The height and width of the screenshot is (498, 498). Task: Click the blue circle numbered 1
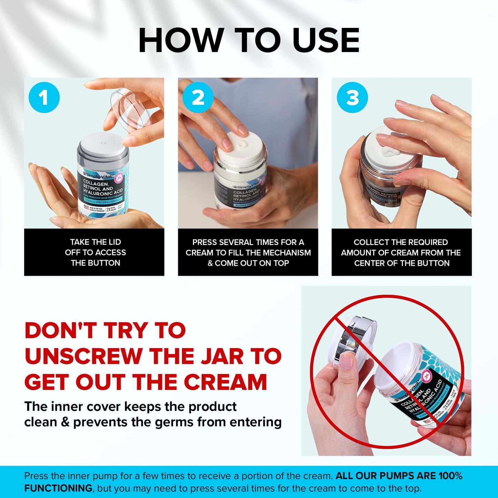pyautogui.click(x=44, y=98)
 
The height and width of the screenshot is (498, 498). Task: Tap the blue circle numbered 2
pyautogui.click(x=198, y=98)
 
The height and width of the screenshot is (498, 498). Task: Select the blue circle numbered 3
pyautogui.click(x=352, y=98)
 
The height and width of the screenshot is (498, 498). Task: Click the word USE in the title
pyautogui.click(x=326, y=40)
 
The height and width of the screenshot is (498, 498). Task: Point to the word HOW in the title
pyautogui.click(x=181, y=40)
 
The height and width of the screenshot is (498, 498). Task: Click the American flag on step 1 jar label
pyautogui.click(x=87, y=208)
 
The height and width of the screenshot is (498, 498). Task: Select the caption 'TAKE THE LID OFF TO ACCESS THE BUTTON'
pyautogui.click(x=95, y=252)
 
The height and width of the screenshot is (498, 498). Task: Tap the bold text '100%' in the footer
pyautogui.click(x=450, y=476)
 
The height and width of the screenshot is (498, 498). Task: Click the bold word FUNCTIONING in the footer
pyautogui.click(x=58, y=488)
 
